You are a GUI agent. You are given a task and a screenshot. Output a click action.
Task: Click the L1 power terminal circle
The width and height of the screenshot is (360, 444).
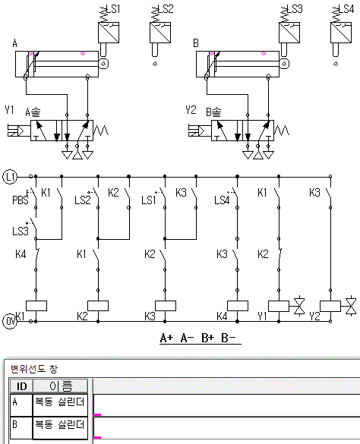(x=10, y=177)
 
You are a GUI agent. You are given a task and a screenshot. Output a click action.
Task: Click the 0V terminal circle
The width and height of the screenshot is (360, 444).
(x=10, y=322)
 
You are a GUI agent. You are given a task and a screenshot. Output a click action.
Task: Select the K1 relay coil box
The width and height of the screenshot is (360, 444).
(x=36, y=306)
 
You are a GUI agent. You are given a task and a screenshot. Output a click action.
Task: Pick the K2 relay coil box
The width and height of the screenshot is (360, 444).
(x=98, y=306)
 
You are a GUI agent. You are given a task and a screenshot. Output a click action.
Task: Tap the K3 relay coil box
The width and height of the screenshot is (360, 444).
(x=166, y=306)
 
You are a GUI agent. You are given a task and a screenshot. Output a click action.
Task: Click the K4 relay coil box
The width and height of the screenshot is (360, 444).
(x=238, y=306)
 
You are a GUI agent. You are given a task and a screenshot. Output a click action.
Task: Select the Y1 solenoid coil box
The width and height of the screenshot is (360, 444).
(x=279, y=306)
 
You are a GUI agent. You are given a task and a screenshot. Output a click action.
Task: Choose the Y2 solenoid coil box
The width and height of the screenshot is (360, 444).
(x=330, y=306)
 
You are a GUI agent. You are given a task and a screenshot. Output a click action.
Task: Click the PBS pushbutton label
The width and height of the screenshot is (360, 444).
(x=21, y=200)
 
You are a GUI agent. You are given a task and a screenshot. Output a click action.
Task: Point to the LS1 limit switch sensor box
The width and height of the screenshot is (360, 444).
(x=109, y=33)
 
